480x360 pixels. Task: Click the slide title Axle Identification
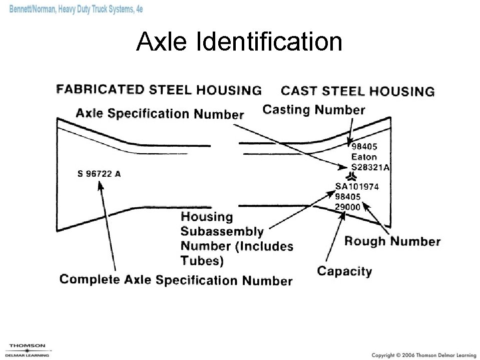pyautogui.click(x=239, y=42)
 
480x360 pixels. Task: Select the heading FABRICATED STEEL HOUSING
pyautogui.click(x=159, y=90)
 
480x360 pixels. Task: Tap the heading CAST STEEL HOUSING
pyautogui.click(x=357, y=91)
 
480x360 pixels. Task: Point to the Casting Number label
pyautogui.click(x=314, y=110)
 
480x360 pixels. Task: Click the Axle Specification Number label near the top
pyautogui.click(x=160, y=114)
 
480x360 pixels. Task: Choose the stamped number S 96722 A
pyautogui.click(x=99, y=174)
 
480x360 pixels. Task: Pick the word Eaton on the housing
pyautogui.click(x=364, y=157)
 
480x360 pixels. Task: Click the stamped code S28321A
pyautogui.click(x=370, y=167)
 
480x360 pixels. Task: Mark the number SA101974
pyautogui.click(x=357, y=187)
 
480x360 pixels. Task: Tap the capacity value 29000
pyautogui.click(x=348, y=206)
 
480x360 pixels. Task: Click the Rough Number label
pyautogui.click(x=392, y=241)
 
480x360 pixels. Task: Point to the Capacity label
pyautogui.click(x=344, y=271)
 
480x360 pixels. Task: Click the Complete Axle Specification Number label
pyautogui.click(x=176, y=279)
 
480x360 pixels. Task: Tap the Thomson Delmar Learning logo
pyautogui.click(x=28, y=350)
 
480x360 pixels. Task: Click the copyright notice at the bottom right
pyautogui.click(x=423, y=355)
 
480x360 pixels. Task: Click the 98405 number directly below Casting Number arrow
pyautogui.click(x=364, y=147)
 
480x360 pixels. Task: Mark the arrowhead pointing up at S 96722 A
pyautogui.click(x=100, y=185)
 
